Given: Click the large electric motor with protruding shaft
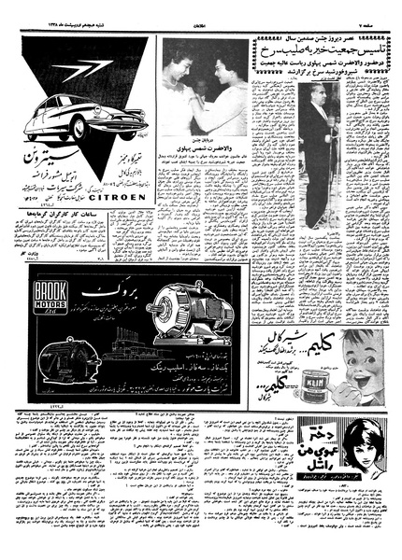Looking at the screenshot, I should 192,312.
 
